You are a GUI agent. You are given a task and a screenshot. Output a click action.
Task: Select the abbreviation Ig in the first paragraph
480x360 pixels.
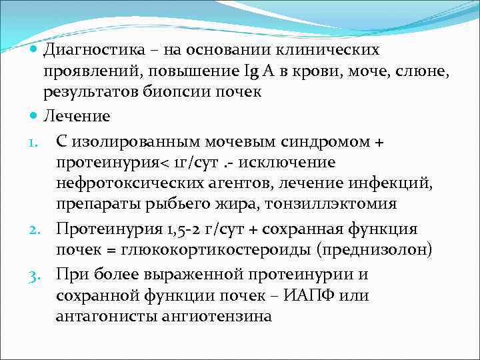(x=255, y=71)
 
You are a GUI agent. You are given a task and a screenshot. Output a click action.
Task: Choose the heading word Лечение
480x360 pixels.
(x=77, y=115)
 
